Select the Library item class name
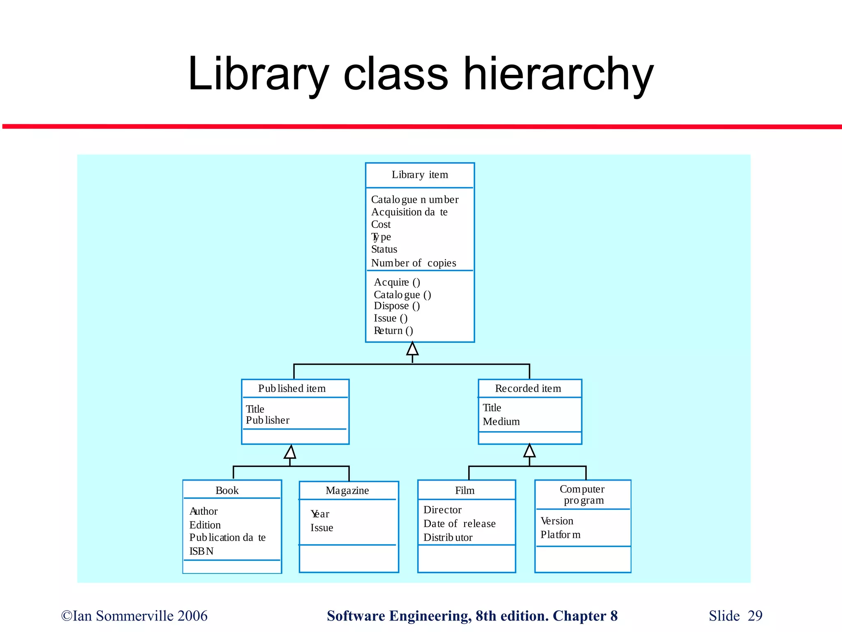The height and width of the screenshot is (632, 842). point(419,175)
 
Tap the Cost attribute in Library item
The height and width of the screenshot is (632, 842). point(381,225)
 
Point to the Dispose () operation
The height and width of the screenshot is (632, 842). point(397,306)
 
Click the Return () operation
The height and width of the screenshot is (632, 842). point(393,331)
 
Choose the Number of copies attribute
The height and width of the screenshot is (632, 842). point(413,263)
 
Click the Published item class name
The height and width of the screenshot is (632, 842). point(291,388)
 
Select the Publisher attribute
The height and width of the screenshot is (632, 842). point(267,420)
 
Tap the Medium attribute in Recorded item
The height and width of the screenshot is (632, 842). point(501,422)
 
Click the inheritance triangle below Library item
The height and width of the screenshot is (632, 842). point(412,349)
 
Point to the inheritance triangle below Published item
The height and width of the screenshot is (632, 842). point(290,452)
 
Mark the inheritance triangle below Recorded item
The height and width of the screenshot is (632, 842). point(530,451)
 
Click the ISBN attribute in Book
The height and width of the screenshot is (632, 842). point(201,551)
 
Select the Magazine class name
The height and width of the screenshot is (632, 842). point(347,490)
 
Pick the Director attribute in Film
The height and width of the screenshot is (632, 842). point(442,510)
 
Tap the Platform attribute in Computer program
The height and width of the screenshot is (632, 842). point(560,535)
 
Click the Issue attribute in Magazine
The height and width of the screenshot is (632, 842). point(322,528)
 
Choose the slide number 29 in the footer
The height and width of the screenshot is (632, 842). point(755,616)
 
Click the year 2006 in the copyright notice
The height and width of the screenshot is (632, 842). point(192,616)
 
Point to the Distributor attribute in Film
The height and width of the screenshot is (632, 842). point(448,538)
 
